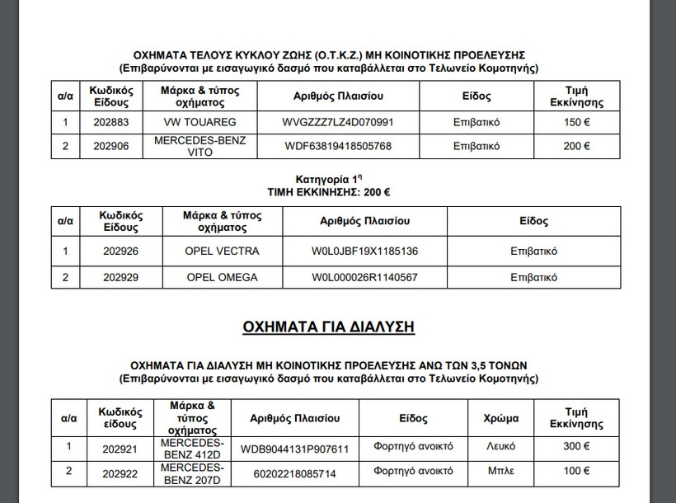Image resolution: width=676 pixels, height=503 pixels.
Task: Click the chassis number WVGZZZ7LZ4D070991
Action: (x=338, y=122)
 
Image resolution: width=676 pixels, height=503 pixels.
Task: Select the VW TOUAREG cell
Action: (x=200, y=122)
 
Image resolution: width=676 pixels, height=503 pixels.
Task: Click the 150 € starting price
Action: (x=576, y=122)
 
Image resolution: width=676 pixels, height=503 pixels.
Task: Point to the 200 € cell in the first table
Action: (x=576, y=146)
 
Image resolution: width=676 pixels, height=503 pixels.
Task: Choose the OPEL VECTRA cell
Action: (x=223, y=251)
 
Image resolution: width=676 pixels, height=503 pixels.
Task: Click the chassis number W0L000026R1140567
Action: (x=364, y=277)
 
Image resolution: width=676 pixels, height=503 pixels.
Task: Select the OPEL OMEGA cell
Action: (x=223, y=277)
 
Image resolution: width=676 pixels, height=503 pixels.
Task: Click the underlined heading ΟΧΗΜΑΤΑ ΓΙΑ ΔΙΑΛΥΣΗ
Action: (x=328, y=327)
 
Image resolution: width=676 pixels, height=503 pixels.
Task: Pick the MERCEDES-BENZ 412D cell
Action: (x=191, y=448)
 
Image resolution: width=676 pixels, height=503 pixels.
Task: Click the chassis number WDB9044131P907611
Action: (x=294, y=449)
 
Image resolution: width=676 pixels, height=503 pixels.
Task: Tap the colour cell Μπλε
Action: (x=500, y=472)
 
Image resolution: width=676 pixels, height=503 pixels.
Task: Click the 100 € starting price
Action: (x=576, y=472)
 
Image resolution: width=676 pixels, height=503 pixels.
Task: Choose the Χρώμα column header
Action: (x=500, y=418)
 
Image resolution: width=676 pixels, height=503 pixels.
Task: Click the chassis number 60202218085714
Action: (x=294, y=473)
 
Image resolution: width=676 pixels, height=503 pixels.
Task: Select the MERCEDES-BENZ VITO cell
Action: (x=200, y=146)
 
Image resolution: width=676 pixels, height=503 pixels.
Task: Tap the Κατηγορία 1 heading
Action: (x=328, y=179)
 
